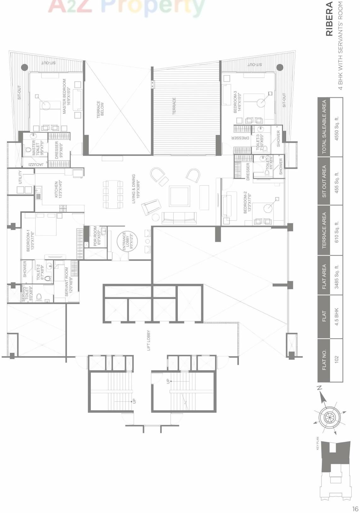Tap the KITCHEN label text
point(59,189)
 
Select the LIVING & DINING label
point(136,189)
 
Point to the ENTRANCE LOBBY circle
point(127,241)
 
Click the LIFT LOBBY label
point(148,340)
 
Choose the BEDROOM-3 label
point(237,102)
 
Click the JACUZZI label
point(36,165)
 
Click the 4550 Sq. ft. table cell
point(336,128)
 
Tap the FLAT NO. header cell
point(324,360)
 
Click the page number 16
point(355,509)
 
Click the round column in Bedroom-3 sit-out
point(280,67)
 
